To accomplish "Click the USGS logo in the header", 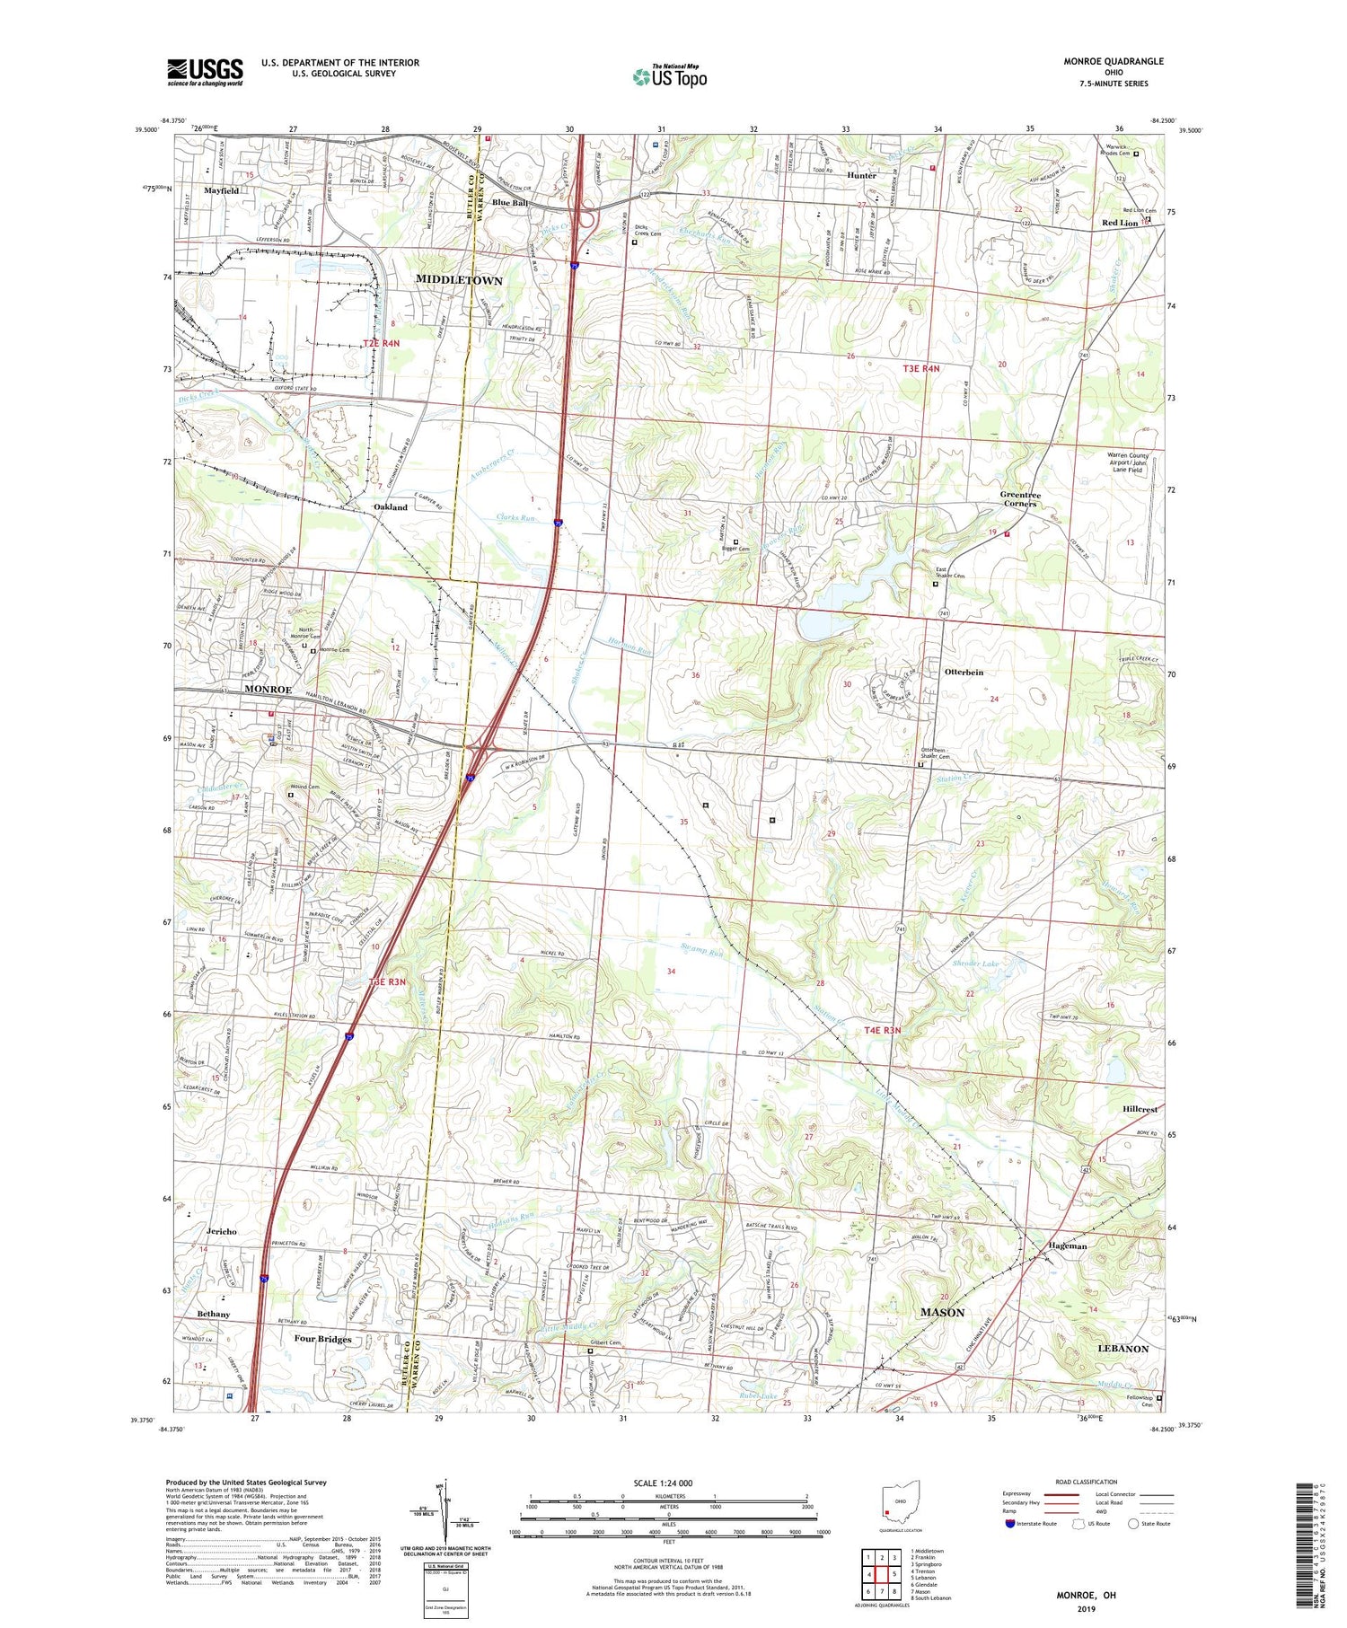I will (x=205, y=72).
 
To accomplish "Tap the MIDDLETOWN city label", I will (x=459, y=280).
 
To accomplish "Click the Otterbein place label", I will (x=964, y=672).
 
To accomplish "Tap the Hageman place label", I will (x=1068, y=1245).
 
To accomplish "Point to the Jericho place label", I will (x=221, y=1231).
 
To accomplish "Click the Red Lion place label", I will (x=1120, y=223).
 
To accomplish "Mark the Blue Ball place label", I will (x=509, y=203).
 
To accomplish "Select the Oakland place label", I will (x=391, y=507).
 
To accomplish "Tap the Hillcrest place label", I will (x=1140, y=1109).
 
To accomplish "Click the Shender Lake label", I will (x=975, y=964).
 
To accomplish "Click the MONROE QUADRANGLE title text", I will (x=1114, y=61).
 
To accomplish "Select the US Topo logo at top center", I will (x=669, y=77).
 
